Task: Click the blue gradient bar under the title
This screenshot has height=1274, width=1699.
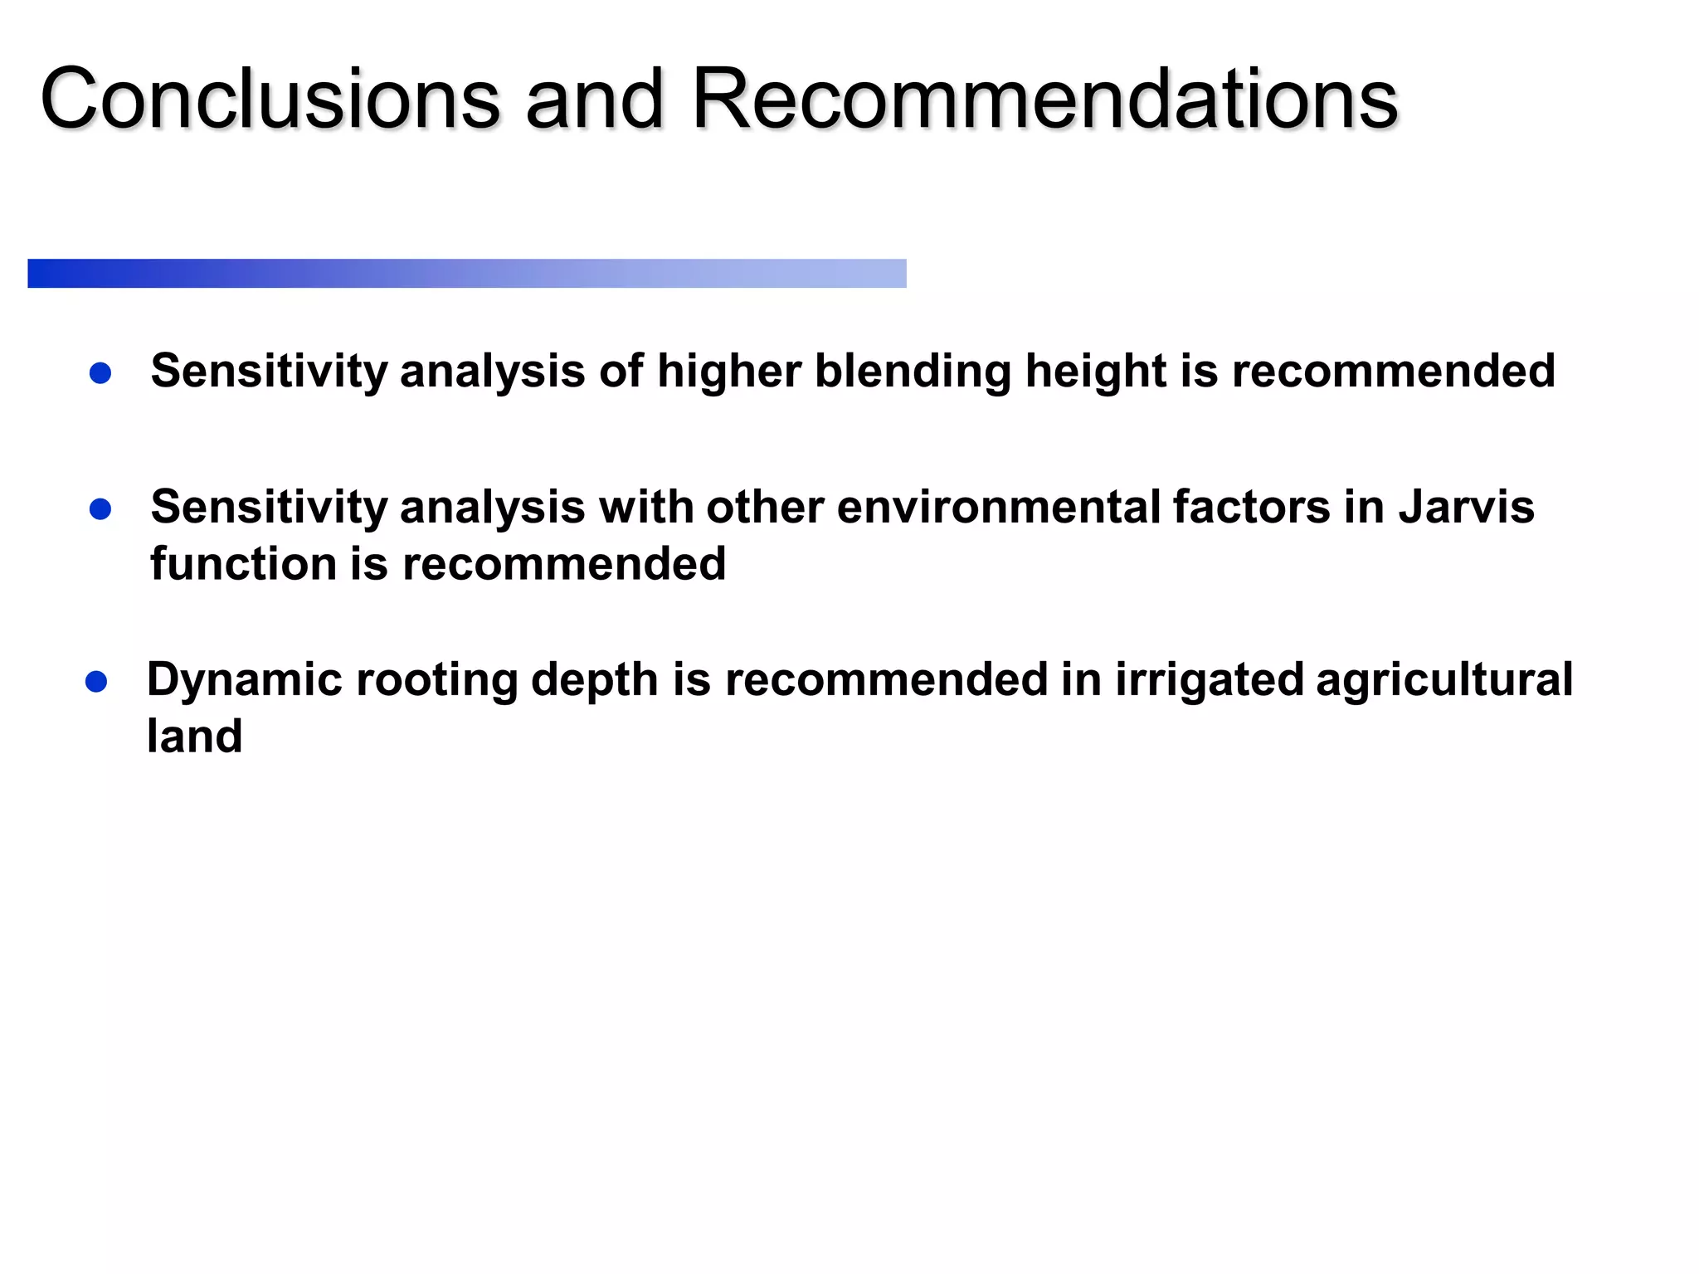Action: click(x=466, y=273)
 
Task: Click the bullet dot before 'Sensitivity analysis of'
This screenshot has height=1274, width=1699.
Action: click(x=100, y=373)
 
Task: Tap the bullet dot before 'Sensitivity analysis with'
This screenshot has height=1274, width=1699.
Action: click(x=100, y=509)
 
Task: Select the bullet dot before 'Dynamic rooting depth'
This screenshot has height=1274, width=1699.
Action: click(x=96, y=682)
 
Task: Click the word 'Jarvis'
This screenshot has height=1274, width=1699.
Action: click(x=1466, y=507)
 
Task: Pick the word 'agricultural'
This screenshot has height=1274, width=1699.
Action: click(x=1444, y=679)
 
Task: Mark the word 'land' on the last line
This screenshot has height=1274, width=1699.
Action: click(x=194, y=736)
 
